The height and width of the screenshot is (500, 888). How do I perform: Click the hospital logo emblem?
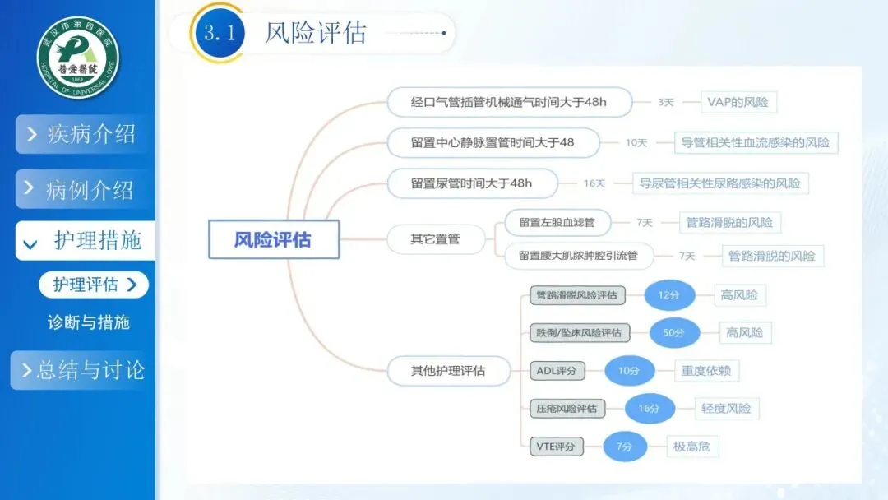click(78, 58)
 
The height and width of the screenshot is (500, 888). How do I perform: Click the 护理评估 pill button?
click(93, 285)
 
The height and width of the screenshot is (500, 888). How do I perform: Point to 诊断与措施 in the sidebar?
click(89, 322)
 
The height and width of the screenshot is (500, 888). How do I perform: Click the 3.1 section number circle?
click(220, 33)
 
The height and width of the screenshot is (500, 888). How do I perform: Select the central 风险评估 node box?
click(273, 240)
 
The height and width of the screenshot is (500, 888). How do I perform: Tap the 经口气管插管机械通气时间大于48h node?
click(509, 103)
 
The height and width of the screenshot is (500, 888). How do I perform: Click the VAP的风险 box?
click(738, 103)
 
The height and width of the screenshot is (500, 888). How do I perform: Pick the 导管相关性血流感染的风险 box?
click(755, 142)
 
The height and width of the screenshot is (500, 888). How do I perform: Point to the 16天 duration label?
click(594, 183)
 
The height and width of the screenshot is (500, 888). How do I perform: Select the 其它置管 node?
click(435, 239)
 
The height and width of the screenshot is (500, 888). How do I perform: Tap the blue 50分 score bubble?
click(673, 333)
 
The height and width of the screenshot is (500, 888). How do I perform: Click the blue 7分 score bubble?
click(629, 447)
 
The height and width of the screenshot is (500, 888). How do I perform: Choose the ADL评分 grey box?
click(557, 371)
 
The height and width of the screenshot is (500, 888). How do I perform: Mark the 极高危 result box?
click(691, 447)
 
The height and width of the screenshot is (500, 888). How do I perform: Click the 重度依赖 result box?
click(705, 371)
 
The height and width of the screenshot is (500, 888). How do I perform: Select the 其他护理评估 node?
click(448, 371)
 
